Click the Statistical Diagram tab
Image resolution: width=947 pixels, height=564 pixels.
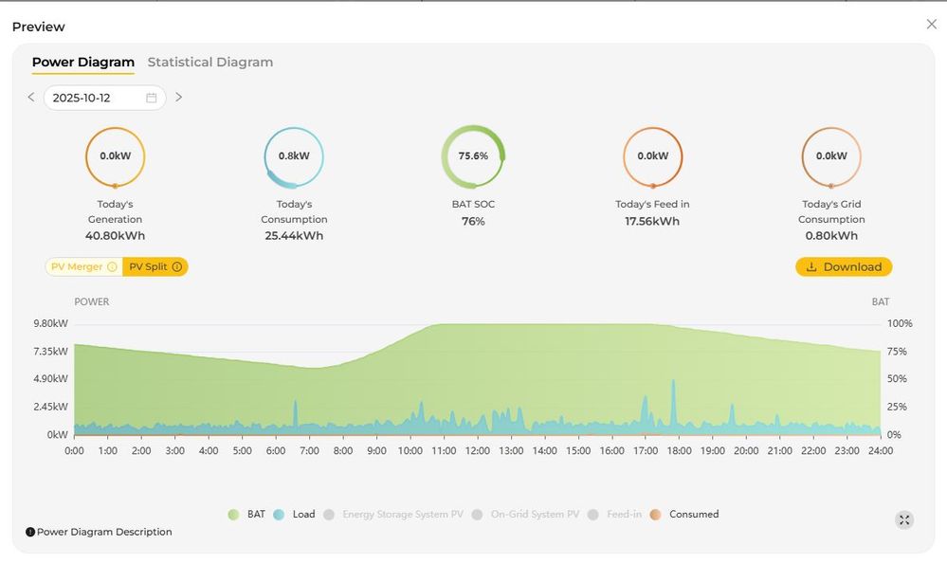209,63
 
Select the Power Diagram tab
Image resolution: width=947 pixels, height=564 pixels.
83,63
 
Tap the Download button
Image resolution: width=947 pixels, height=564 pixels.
844,267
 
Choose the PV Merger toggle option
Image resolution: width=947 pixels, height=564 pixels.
83,267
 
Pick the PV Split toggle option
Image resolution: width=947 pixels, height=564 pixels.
155,267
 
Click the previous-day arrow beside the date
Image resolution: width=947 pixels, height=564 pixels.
31,98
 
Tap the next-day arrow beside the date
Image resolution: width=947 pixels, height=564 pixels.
178,98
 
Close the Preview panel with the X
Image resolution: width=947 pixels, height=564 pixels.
931,25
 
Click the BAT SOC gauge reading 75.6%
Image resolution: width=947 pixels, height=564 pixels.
473,156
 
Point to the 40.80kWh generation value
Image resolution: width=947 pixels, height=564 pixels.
115,236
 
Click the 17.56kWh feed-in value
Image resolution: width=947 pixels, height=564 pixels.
652,221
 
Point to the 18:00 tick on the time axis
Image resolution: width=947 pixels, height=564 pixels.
679,451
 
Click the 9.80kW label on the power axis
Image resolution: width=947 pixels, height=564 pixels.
50,323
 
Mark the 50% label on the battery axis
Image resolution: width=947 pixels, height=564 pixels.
897,379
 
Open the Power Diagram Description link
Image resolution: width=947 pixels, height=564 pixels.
100,533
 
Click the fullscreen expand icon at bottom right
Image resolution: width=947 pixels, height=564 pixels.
904,519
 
